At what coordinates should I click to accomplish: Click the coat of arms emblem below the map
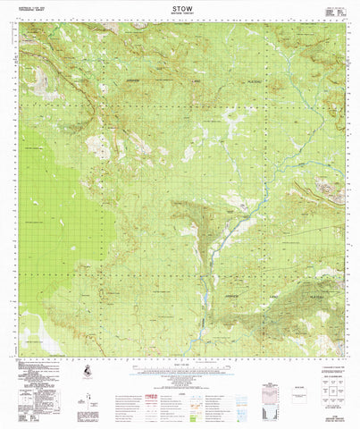click(x=86, y=370)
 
